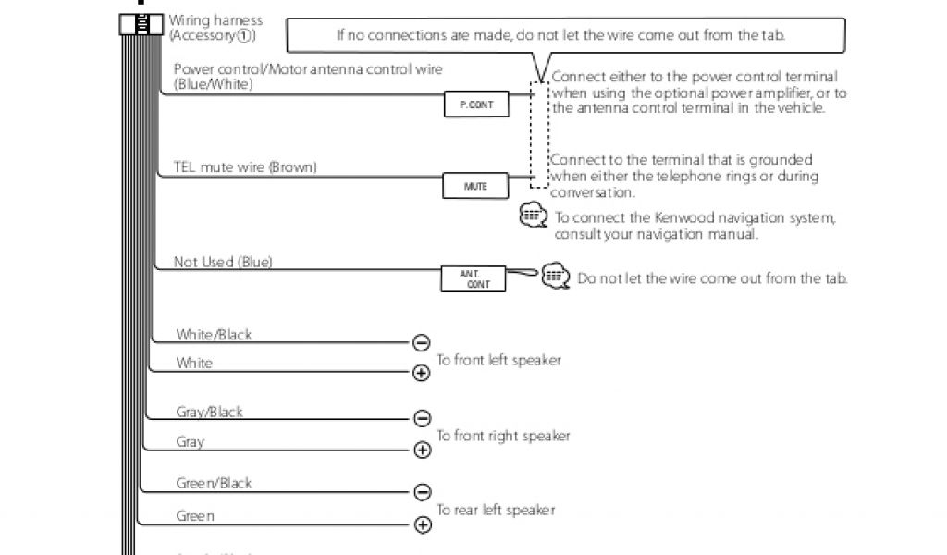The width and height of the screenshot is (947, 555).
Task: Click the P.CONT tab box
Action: point(476,105)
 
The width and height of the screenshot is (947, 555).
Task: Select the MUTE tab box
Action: point(475,186)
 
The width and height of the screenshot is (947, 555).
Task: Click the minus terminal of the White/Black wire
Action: point(422,343)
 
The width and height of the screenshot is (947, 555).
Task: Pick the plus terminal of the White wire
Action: point(422,373)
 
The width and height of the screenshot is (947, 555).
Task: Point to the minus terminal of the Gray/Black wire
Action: point(422,419)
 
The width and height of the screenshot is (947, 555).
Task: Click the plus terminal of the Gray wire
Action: point(422,450)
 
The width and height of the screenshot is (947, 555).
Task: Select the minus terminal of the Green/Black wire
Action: point(422,491)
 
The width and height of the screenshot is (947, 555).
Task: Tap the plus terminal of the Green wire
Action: point(423,525)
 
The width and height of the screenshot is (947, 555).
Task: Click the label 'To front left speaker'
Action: point(498,360)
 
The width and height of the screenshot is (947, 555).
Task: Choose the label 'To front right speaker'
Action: point(503,436)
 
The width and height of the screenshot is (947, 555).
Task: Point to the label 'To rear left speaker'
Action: point(496,510)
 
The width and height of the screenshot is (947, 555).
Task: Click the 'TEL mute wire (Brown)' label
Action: point(245,167)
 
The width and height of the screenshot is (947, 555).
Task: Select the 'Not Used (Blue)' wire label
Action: point(223,262)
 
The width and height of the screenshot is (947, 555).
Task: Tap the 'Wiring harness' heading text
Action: point(215,20)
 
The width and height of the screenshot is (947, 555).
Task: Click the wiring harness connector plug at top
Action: point(141,25)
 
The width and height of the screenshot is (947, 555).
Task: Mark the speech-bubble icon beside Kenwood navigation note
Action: point(534,216)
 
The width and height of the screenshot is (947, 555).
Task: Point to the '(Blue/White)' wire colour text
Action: point(213,84)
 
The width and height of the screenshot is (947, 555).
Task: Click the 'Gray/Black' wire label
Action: point(209,412)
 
